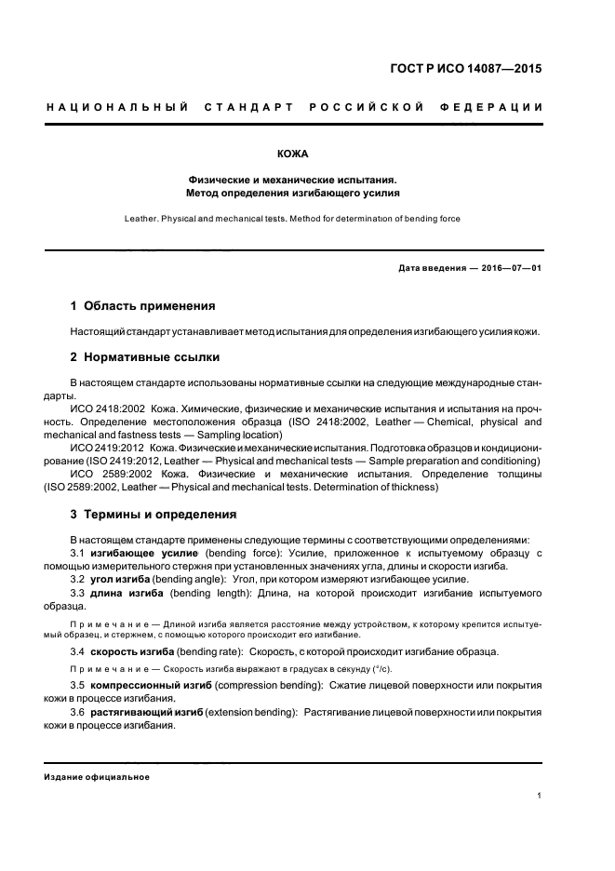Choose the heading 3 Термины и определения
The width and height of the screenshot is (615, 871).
click(x=154, y=514)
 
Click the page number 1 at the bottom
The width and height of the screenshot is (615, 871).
click(x=540, y=796)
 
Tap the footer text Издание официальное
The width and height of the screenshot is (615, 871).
click(x=97, y=777)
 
